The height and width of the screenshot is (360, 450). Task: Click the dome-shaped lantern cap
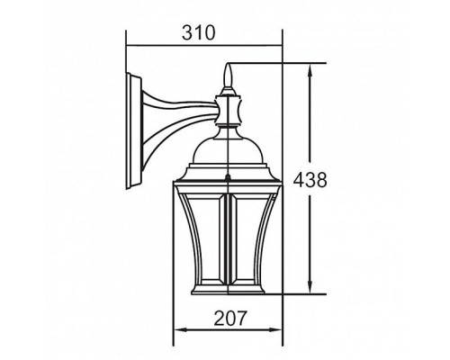click(229, 148)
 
